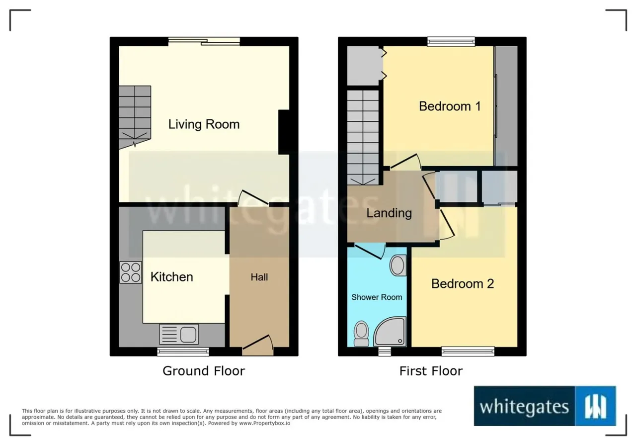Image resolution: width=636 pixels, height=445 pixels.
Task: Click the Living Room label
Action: click(x=204, y=124)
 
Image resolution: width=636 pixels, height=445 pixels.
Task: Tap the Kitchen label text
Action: click(x=172, y=277)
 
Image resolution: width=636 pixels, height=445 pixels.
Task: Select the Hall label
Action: click(x=259, y=277)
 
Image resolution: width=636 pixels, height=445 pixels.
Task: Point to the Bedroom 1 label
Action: click(x=450, y=106)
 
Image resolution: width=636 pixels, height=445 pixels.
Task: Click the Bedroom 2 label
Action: click(x=463, y=283)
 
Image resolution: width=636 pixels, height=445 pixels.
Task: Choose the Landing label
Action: click(x=389, y=213)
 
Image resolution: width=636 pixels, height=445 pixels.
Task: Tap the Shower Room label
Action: click(x=377, y=297)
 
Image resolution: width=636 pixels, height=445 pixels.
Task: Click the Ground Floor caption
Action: click(x=204, y=371)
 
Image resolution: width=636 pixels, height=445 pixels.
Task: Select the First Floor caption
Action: click(x=431, y=371)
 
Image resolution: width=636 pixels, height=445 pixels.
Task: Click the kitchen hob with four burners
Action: click(x=131, y=272)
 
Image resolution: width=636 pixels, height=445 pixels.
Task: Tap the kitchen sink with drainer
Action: click(x=179, y=334)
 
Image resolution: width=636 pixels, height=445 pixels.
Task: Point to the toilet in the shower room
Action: click(x=361, y=334)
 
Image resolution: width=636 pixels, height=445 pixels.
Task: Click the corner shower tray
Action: click(x=390, y=332)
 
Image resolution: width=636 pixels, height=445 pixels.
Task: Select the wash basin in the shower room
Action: click(x=398, y=266)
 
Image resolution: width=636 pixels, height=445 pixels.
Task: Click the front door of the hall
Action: click(x=257, y=345)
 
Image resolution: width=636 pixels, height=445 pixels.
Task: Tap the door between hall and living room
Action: click(x=253, y=197)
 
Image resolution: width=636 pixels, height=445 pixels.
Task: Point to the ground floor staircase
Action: click(x=135, y=117)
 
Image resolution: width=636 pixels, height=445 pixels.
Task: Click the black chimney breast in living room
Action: click(x=284, y=132)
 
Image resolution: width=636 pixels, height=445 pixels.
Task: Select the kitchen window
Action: click(x=183, y=352)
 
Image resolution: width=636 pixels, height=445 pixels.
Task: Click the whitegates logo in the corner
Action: click(x=545, y=406)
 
